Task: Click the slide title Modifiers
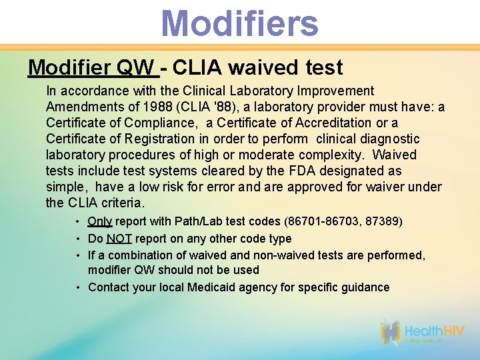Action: [239, 23]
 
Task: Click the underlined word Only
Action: [100, 221]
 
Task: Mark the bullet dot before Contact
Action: [79, 287]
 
